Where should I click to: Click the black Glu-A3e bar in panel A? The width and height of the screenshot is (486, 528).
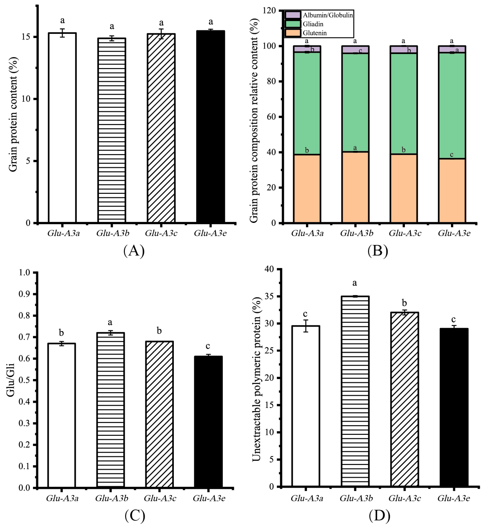(210, 126)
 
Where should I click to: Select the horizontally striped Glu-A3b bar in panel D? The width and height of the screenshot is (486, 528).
(355, 392)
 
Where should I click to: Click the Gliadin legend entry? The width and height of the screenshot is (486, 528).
(313, 24)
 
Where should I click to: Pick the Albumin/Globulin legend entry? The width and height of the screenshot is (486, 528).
(327, 15)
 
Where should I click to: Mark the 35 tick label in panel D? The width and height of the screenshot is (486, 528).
(270, 296)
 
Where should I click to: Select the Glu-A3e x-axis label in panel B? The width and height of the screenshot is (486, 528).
(454, 233)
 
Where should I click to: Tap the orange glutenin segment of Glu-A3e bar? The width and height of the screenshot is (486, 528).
(452, 191)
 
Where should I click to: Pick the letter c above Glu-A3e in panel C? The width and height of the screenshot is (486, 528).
(208, 346)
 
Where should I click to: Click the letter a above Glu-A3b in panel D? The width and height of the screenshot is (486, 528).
(355, 283)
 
